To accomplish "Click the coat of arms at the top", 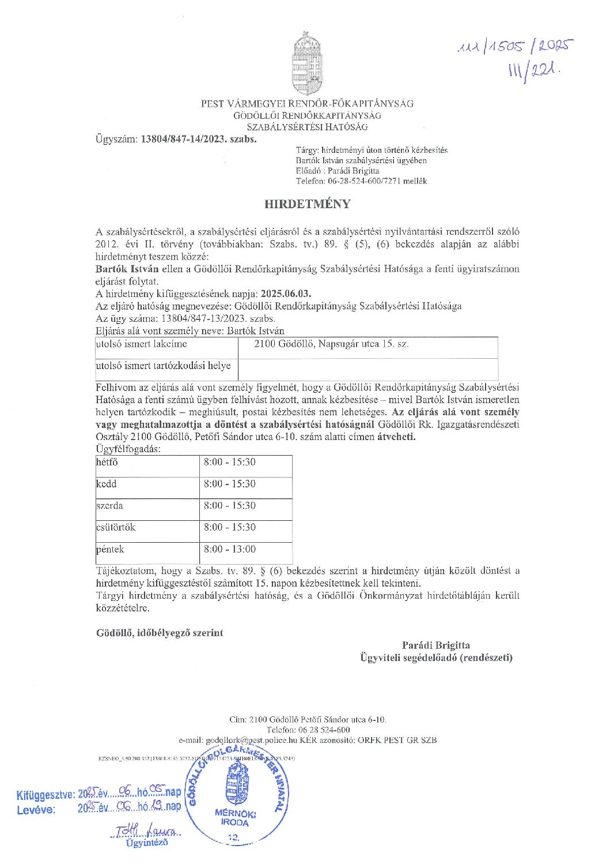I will (x=307, y=64).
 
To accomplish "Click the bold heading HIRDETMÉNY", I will (x=307, y=204).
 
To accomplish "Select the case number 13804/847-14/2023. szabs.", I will (x=199, y=139).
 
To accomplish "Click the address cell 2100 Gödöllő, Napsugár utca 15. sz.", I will (x=332, y=344).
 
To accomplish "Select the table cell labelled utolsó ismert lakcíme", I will (x=142, y=344).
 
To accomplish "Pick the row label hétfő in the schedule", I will (x=107, y=463).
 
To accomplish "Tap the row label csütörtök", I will (x=116, y=528).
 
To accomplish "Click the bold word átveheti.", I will (x=396, y=437).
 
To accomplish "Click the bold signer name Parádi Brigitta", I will (x=435, y=645).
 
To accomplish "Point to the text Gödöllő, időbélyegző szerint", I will (x=160, y=633).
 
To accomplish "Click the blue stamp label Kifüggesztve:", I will (x=46, y=795).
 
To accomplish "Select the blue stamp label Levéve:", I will (x=36, y=809).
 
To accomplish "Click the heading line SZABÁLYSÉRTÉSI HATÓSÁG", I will (x=307, y=127).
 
